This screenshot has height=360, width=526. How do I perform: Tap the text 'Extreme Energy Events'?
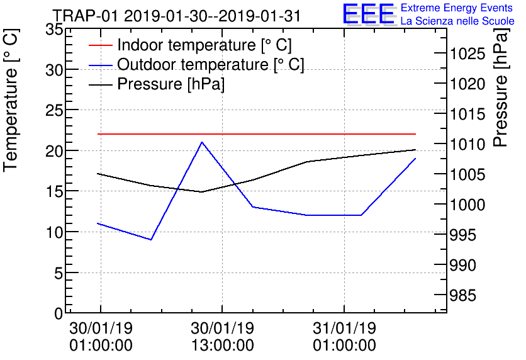[457, 8]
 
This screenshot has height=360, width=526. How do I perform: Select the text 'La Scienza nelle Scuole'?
[457, 21]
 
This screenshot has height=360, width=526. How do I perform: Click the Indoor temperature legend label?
[204, 45]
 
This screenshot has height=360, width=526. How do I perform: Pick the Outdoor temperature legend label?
[211, 65]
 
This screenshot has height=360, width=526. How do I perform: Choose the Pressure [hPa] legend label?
[171, 84]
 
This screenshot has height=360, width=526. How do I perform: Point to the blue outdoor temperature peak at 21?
[201, 142]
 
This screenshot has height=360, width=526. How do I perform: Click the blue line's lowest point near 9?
[151, 240]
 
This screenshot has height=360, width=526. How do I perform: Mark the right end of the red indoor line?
[415, 134]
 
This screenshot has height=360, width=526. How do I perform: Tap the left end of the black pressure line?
[98, 174]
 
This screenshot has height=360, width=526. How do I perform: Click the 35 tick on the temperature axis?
[55, 30]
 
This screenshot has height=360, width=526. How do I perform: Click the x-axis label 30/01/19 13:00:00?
[223, 337]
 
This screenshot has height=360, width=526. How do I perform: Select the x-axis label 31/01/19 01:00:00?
[345, 337]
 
